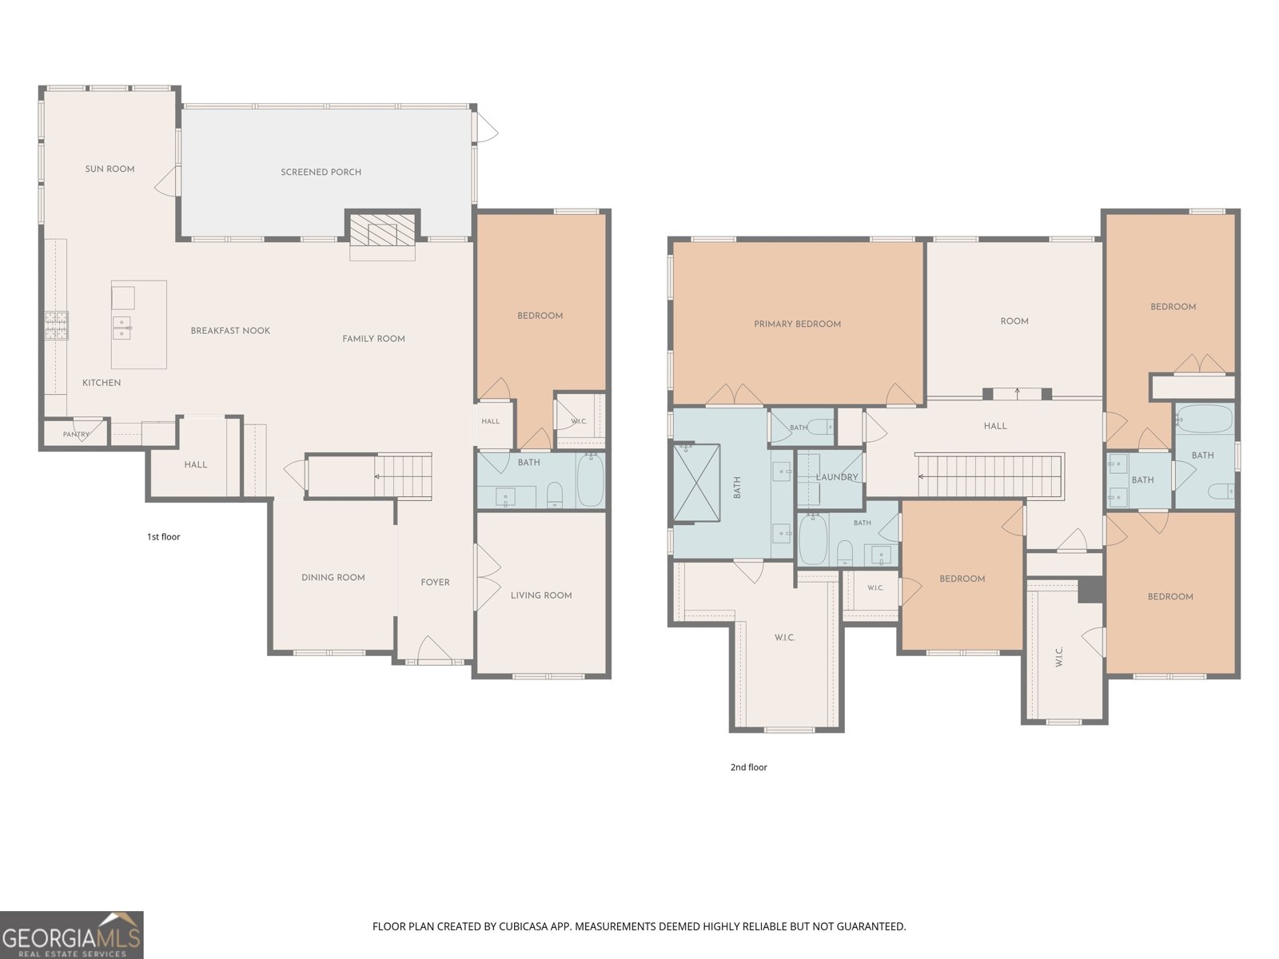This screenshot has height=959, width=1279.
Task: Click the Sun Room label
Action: (x=110, y=169)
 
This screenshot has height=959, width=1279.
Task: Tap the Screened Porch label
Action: (x=321, y=172)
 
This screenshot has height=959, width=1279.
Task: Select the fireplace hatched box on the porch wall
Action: (x=382, y=234)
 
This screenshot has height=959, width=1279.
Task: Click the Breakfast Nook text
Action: (x=230, y=331)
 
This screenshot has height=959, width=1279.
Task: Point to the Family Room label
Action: (x=373, y=339)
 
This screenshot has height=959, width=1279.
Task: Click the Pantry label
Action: (x=76, y=434)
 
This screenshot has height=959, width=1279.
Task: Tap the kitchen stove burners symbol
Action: (x=57, y=326)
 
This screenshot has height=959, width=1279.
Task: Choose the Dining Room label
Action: (x=333, y=578)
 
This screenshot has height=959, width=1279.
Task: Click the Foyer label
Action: (x=436, y=583)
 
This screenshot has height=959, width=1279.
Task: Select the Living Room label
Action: (x=541, y=595)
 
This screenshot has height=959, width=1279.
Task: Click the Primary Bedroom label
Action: (x=798, y=324)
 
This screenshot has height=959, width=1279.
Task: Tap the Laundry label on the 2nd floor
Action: (x=837, y=477)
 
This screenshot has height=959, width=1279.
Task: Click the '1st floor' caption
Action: (x=163, y=537)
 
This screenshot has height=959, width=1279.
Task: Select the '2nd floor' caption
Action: (x=749, y=767)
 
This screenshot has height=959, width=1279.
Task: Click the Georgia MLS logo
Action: (x=71, y=935)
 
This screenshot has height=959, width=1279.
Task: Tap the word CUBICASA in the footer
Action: (x=524, y=926)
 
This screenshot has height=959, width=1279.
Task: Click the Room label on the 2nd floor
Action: (x=1014, y=320)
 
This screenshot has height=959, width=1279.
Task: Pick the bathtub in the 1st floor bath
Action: (x=590, y=480)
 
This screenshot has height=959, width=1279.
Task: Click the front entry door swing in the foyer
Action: (x=434, y=649)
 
